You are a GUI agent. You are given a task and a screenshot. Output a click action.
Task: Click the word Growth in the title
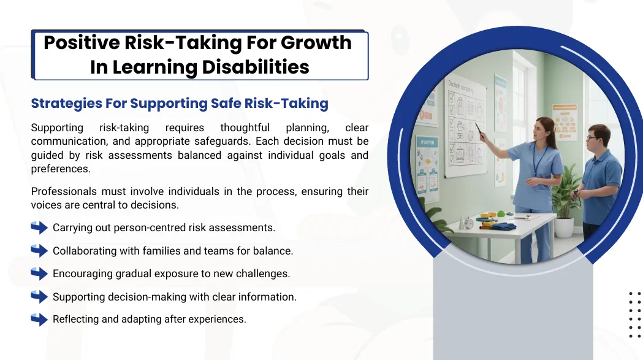(x=316, y=43)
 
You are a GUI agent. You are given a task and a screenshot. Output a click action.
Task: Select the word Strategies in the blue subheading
(x=66, y=104)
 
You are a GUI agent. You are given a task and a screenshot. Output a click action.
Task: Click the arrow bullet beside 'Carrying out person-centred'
(x=39, y=228)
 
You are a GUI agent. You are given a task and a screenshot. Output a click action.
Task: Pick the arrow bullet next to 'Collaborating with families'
(x=39, y=250)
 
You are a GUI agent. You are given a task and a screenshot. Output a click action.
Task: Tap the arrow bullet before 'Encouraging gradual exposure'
(x=39, y=274)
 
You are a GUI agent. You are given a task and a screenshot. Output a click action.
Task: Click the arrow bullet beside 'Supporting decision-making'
(x=39, y=296)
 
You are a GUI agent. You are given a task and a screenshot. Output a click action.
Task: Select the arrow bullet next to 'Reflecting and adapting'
(x=39, y=319)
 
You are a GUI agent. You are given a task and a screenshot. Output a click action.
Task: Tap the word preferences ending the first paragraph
(x=61, y=169)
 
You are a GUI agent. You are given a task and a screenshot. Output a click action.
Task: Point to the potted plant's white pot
(x=565, y=228)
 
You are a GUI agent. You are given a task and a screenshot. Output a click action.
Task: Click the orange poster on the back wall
(x=565, y=122)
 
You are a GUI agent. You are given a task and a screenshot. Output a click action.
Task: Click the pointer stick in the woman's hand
(x=479, y=128)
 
